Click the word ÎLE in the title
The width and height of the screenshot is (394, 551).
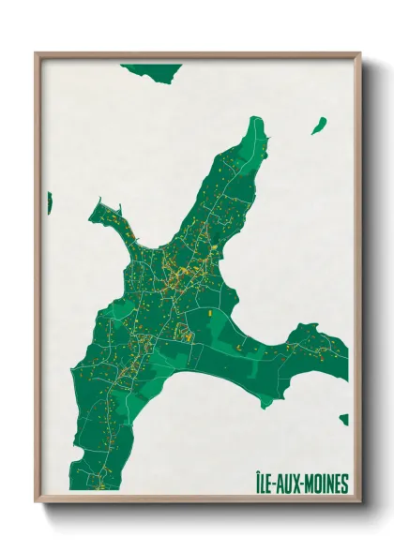265,484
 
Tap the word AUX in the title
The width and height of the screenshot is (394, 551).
290,484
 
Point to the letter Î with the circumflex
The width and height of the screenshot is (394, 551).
258,484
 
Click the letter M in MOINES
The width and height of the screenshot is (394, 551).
307,484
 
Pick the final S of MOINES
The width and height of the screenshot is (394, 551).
344,484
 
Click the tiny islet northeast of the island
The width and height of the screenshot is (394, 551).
319,125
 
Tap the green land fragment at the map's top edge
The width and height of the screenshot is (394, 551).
150,70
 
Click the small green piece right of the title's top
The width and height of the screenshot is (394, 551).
344,420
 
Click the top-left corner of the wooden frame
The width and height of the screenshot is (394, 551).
37,53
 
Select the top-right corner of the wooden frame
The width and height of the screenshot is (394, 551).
359,53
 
